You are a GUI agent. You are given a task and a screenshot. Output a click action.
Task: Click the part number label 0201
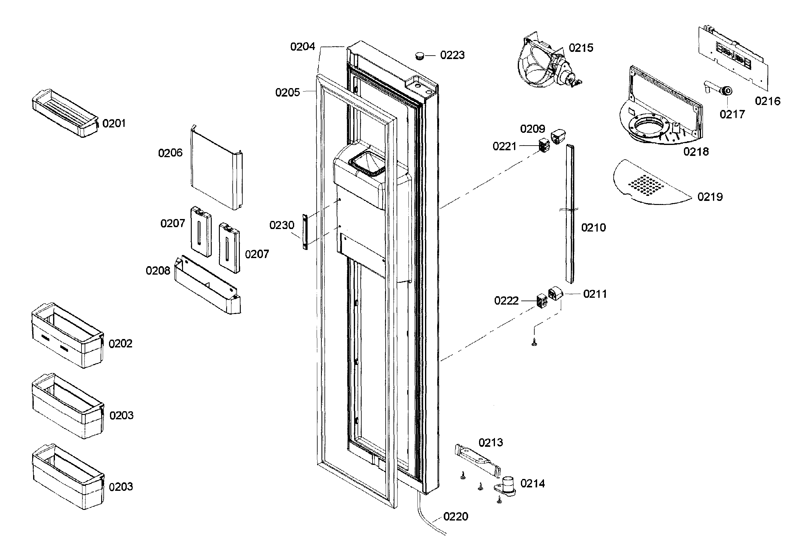point(114,123)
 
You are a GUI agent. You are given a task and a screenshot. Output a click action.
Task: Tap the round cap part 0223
point(420,56)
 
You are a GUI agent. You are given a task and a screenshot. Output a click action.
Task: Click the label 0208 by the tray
point(158,271)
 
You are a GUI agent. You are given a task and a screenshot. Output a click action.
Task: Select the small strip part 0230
point(305,232)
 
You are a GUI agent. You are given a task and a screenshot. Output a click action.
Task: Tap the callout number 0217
point(732,114)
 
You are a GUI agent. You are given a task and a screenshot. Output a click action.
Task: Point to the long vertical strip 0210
point(570,215)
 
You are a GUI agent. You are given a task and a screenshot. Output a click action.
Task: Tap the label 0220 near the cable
point(456,517)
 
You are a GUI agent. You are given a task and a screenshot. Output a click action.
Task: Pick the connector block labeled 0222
point(541,301)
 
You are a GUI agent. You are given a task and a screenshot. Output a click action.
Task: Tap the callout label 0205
point(287,92)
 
